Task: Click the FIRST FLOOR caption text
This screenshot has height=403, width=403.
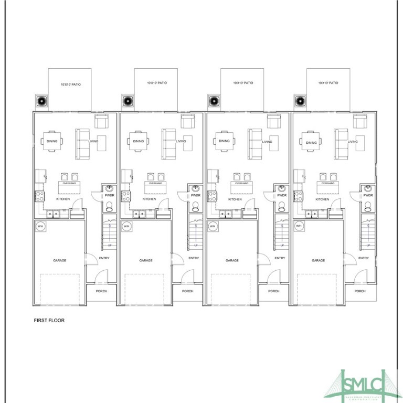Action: pyautogui.click(x=49, y=320)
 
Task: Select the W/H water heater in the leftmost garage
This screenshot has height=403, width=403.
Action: pyautogui.click(x=41, y=226)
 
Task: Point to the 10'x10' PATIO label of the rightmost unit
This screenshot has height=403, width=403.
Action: pyautogui.click(x=328, y=83)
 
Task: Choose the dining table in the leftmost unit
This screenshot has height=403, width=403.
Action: pyautogui.click(x=52, y=141)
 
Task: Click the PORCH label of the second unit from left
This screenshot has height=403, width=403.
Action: pyautogui.click(x=187, y=291)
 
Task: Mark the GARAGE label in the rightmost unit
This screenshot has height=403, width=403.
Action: pyautogui.click(x=318, y=261)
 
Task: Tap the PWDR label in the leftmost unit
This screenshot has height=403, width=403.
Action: pyautogui.click(x=109, y=195)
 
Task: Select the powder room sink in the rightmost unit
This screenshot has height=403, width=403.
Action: pyautogui.click(x=368, y=188)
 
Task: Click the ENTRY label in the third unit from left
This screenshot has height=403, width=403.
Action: pyautogui.click(x=280, y=258)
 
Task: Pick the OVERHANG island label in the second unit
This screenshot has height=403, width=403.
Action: pyautogui.click(x=155, y=184)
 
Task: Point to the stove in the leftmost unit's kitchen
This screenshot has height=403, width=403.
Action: pyautogui.click(x=39, y=197)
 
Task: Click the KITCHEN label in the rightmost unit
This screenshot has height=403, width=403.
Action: pyautogui.click(x=322, y=199)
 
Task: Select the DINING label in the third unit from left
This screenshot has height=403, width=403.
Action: pyautogui.click(x=224, y=141)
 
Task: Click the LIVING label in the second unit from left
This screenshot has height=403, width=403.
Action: pyautogui.click(x=181, y=141)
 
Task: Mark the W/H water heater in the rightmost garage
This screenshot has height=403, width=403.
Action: pyautogui.click(x=299, y=226)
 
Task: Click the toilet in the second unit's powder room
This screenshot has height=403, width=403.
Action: pyautogui.click(x=195, y=206)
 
